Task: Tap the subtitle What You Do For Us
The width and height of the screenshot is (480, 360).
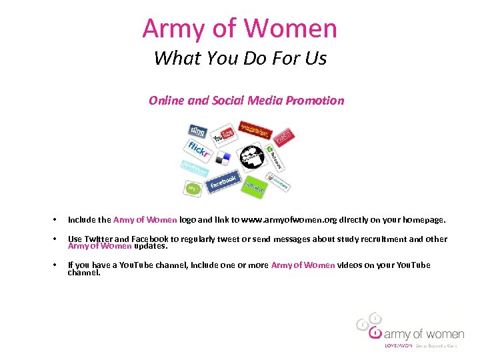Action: (240, 59)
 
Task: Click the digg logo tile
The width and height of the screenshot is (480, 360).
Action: (197, 131)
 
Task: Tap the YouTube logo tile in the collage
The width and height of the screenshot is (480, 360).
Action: (223, 136)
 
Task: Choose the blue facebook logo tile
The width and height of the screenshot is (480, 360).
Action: (223, 181)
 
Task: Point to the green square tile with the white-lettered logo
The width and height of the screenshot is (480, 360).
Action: (254, 187)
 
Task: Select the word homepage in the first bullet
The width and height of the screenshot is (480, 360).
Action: (422, 219)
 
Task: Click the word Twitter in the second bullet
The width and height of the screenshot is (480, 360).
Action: (98, 239)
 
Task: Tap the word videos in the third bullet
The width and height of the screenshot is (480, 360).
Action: (351, 265)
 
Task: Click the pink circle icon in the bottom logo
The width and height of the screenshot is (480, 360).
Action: (375, 333)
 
